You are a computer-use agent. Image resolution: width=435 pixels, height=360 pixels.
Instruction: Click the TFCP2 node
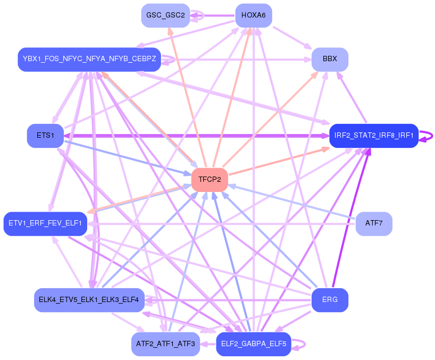point(210,180)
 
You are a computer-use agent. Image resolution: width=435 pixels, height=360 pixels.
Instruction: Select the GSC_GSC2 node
point(165,15)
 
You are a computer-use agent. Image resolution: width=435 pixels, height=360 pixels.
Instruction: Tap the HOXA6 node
point(254,15)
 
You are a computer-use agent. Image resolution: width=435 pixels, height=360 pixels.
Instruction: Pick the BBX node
point(330,60)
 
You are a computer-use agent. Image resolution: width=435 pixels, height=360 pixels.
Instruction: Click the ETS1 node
point(45,136)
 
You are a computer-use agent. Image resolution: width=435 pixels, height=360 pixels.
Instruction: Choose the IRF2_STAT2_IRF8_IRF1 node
point(374,136)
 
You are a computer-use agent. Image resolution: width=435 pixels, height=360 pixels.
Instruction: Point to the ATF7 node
point(374,223)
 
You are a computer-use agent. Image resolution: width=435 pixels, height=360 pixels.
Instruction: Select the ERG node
point(330,300)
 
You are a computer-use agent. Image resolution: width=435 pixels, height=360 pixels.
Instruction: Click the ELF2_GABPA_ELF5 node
point(254,344)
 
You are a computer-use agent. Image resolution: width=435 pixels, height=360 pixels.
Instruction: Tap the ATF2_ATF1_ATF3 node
point(165,344)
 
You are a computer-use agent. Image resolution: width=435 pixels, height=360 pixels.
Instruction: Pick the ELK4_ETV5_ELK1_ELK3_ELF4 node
point(89,300)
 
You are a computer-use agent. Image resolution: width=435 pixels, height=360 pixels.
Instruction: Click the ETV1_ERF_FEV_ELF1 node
point(45,223)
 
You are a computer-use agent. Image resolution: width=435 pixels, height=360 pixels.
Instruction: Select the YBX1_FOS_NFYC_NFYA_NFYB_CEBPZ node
point(89,60)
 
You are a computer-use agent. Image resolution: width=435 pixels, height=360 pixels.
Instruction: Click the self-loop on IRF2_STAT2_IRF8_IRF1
point(426,136)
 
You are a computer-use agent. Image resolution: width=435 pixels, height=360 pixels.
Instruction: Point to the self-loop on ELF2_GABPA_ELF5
point(298,344)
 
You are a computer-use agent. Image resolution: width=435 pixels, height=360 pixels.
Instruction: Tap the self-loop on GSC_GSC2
point(197,15)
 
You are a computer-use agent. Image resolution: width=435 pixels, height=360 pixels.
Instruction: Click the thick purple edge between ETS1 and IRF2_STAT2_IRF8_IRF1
point(197,136)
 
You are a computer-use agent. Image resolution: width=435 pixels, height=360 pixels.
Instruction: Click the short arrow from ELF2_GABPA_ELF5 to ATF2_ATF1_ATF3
point(208,344)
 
